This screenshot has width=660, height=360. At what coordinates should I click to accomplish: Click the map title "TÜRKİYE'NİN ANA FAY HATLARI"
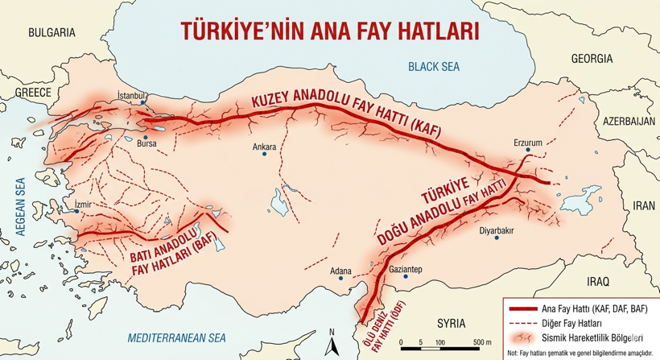point(329,31)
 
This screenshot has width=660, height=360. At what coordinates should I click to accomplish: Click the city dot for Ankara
point(264,155)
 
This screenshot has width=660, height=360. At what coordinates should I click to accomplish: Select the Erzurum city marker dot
point(529,152)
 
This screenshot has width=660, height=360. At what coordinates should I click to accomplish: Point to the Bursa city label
point(146,145)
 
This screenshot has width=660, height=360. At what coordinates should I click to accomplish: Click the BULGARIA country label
point(51,32)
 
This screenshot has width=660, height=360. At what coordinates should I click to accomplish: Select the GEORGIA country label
point(592,59)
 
